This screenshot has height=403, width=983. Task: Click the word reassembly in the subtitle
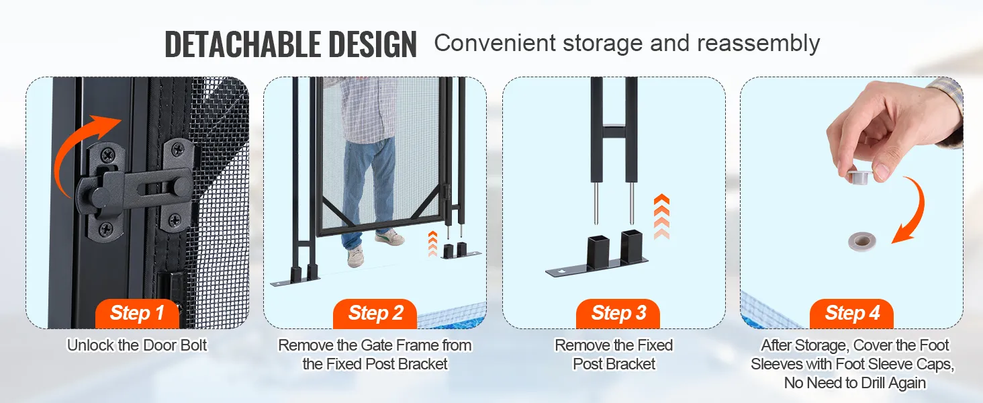coord(758,44)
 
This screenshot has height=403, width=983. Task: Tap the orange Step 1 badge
coord(138,314)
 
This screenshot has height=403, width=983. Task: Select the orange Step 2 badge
coord(375,314)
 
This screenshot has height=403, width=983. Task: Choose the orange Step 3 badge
coord(618,314)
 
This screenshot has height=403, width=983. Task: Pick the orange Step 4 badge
coord(852,314)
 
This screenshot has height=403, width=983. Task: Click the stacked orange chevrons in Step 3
coord(661,216)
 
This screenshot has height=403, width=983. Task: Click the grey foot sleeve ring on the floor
coord(862,241)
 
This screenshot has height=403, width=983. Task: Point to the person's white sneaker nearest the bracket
coord(389,238)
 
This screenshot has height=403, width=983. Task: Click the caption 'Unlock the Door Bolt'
coord(137,345)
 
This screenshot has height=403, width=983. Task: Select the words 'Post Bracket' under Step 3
coord(614,364)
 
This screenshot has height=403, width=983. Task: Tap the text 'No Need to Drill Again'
coord(855,384)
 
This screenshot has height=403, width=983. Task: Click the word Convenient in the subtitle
coord(496,44)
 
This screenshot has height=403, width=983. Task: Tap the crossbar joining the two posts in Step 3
coord(614,131)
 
